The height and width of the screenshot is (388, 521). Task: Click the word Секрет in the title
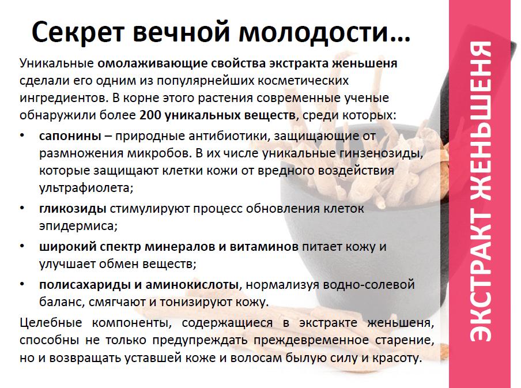coord(78,32)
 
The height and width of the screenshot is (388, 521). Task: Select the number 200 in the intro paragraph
coord(150,115)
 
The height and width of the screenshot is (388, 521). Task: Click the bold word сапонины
coord(70,136)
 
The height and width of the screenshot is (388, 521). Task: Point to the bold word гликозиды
coord(73,209)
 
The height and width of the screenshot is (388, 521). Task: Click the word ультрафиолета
coord(86,188)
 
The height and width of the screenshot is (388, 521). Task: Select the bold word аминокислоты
coord(192,285)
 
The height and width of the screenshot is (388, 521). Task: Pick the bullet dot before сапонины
coord(22,135)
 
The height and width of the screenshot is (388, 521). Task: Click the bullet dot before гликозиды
coord(22,208)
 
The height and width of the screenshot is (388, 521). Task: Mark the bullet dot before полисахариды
coord(22,284)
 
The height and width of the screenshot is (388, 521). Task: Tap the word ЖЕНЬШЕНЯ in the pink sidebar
coord(481,120)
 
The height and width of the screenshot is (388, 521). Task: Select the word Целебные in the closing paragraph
coord(51,323)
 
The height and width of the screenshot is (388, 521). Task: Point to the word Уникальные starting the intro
coord(56,63)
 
